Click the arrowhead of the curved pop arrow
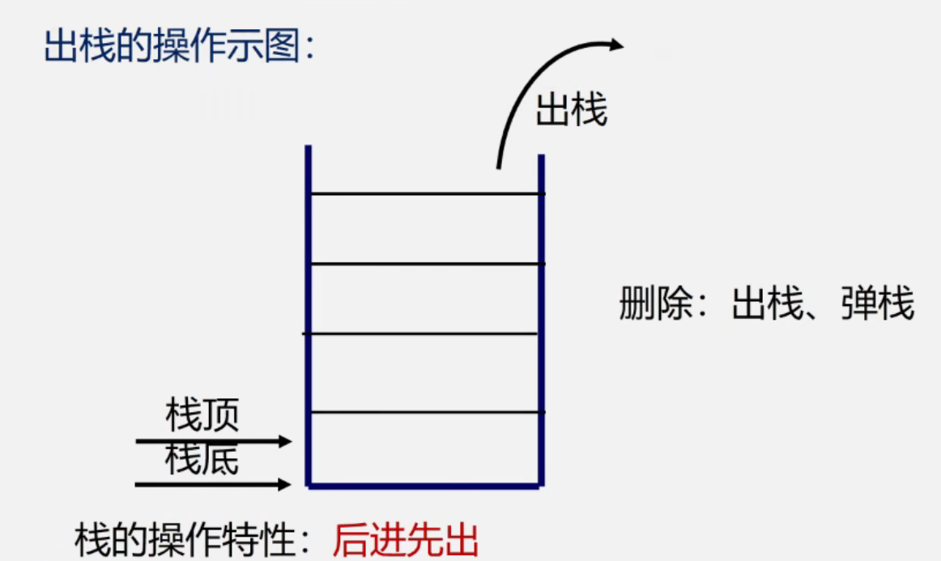[x=617, y=45]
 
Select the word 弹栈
[x=878, y=306]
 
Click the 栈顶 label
[x=202, y=417]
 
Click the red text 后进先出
[x=406, y=540]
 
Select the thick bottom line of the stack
[x=425, y=486]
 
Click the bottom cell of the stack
[x=425, y=449]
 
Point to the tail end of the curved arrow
[x=498, y=166]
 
